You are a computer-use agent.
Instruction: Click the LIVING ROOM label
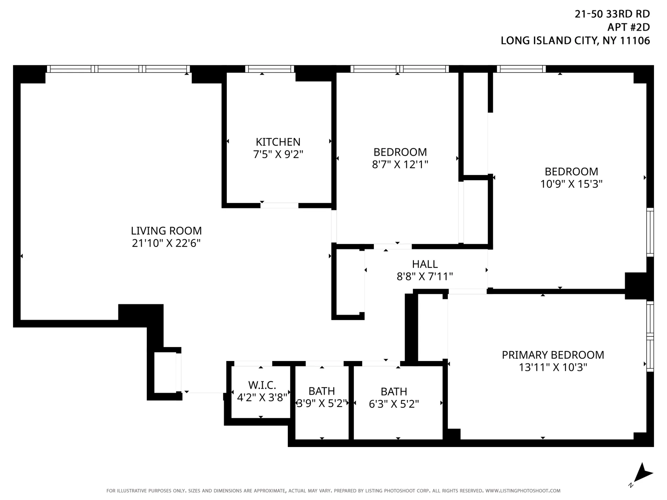(166, 231)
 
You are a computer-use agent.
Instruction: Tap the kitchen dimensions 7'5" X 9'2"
(278, 154)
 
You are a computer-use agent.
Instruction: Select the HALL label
(425, 264)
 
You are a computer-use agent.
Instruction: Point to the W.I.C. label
(262, 385)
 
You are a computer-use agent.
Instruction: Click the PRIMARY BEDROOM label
(553, 355)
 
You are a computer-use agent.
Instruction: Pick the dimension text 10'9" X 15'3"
(571, 184)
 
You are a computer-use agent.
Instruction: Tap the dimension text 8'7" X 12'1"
(400, 164)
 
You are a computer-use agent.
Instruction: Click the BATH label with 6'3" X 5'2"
(394, 392)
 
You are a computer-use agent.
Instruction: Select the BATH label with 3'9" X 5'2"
(322, 391)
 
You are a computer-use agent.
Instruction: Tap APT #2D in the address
(628, 27)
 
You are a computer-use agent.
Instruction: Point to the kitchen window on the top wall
(269, 69)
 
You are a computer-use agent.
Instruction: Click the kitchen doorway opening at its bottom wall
(279, 206)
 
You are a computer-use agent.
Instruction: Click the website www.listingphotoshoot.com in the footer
(523, 491)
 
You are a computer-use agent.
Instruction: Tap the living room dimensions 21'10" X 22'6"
(166, 243)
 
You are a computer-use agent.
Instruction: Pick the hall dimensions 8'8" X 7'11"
(425, 277)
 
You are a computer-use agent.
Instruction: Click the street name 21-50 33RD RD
(612, 14)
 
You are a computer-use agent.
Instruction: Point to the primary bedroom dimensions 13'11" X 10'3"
(553, 367)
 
